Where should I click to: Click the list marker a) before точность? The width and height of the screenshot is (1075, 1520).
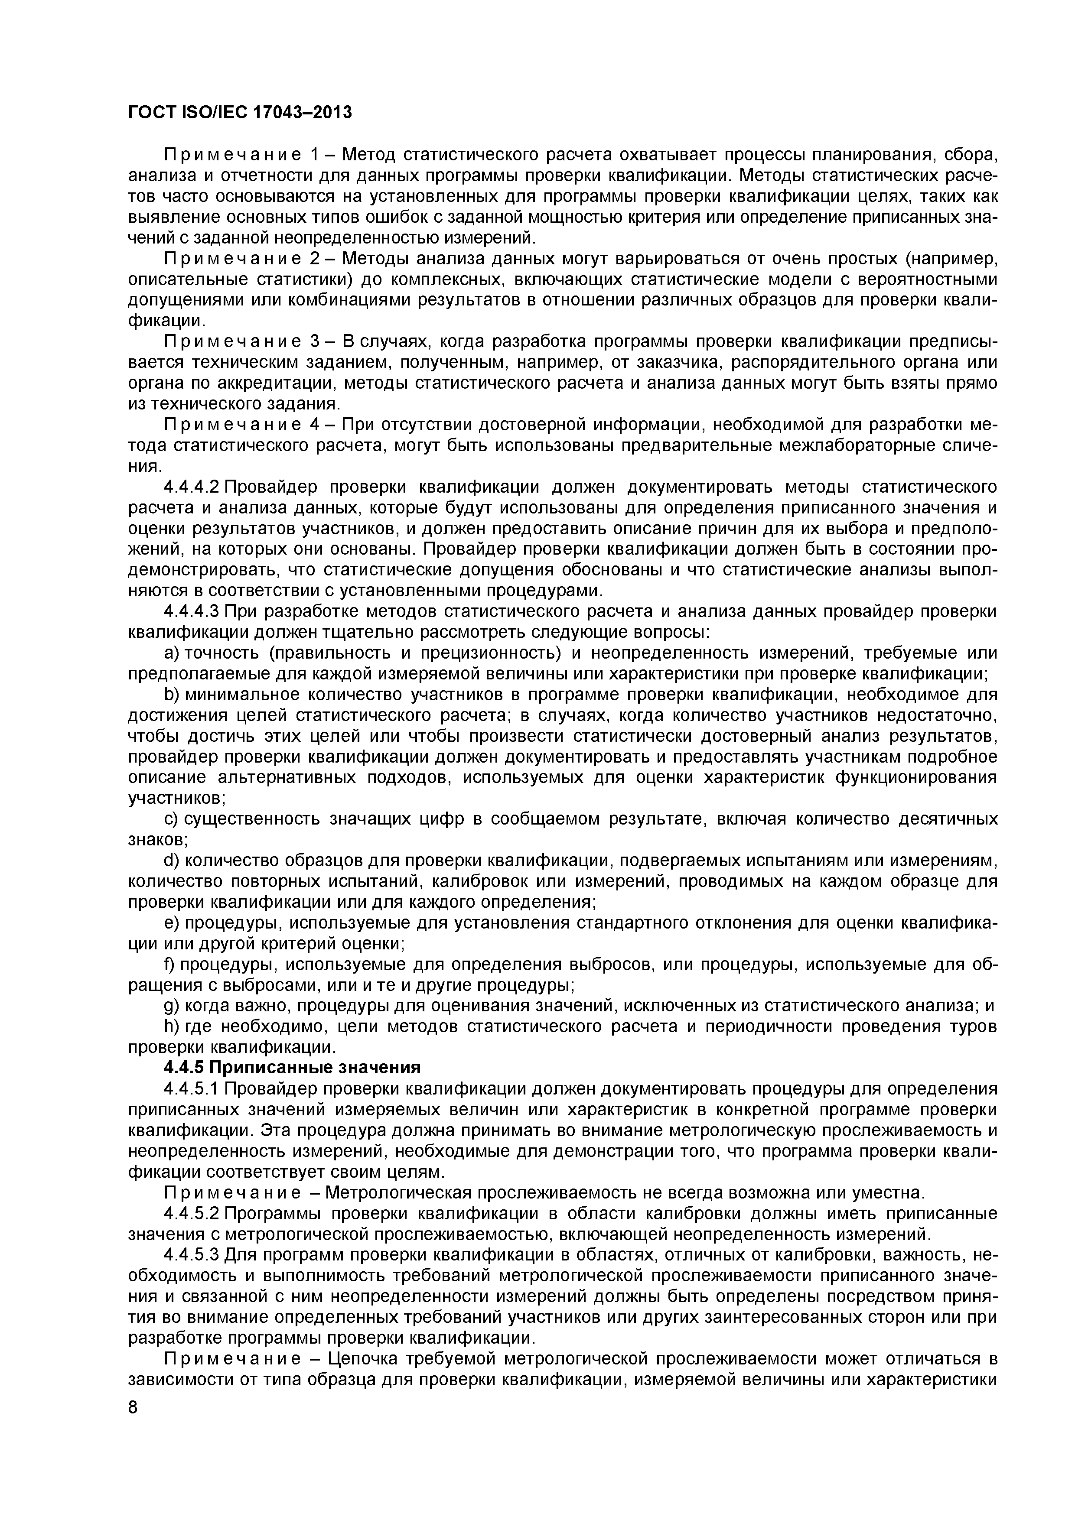click(172, 653)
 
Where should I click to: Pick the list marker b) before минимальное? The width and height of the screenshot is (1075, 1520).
click(172, 695)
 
